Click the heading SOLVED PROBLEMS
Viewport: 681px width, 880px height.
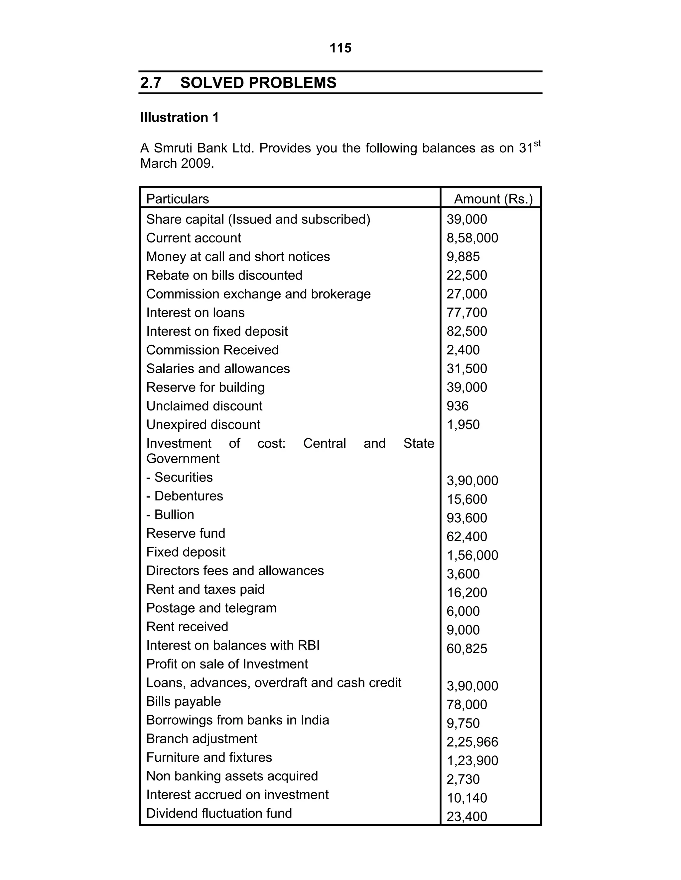258,83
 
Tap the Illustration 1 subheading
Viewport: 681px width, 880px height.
179,118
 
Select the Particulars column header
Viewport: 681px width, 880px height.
178,199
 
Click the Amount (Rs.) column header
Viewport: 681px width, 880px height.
493,199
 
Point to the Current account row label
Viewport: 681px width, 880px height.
193,238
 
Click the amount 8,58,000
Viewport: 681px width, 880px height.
472,238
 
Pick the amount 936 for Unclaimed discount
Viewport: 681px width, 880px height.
457,406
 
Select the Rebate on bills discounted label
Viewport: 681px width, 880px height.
224,276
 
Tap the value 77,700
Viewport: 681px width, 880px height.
467,313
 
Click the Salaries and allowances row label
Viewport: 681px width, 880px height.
218,369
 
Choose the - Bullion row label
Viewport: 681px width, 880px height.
170,515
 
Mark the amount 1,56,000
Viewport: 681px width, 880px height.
472,556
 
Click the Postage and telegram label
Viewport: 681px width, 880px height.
211,608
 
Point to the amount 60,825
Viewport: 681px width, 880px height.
467,649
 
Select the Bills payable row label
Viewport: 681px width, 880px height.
183,701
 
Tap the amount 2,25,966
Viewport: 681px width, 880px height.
472,742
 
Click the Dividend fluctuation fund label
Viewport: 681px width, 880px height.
219,814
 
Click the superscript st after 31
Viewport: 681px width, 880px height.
537,144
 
